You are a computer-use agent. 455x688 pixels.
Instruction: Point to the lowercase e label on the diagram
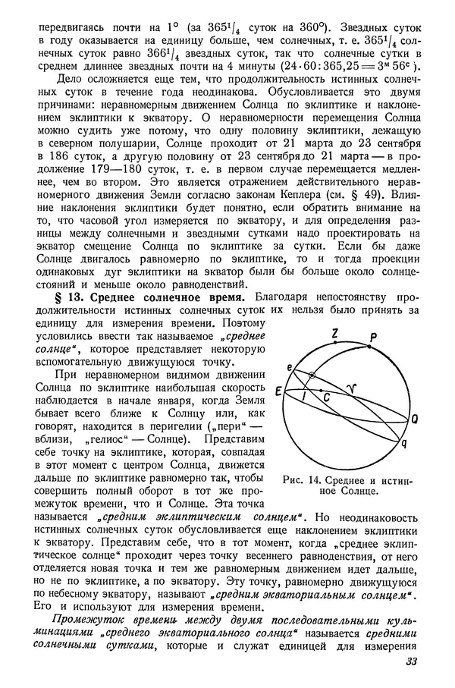290,366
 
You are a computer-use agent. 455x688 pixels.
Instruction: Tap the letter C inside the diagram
325,397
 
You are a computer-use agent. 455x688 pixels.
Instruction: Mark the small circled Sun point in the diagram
311,375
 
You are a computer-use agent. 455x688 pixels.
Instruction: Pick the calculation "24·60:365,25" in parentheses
325,65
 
